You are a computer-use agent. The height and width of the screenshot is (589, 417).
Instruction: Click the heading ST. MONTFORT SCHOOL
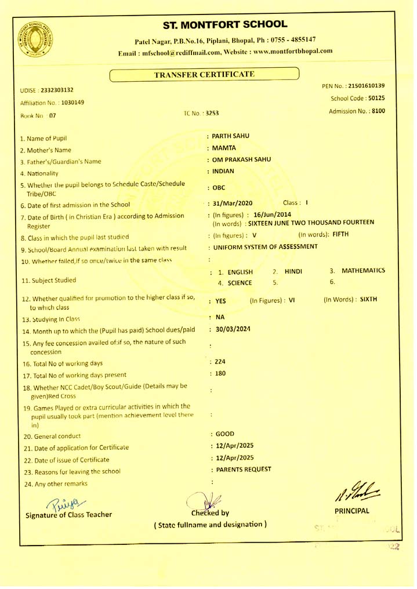[x=225, y=24]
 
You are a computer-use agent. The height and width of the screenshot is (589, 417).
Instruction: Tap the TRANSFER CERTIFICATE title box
[x=204, y=74]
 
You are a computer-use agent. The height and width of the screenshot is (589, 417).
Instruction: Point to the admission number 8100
[x=378, y=111]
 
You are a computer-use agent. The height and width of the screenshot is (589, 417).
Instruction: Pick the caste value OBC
[x=219, y=188]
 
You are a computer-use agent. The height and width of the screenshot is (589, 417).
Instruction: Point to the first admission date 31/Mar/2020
[x=233, y=203]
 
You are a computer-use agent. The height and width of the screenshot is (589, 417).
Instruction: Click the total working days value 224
[x=220, y=362]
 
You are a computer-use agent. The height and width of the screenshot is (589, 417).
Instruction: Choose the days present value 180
[x=220, y=373]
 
